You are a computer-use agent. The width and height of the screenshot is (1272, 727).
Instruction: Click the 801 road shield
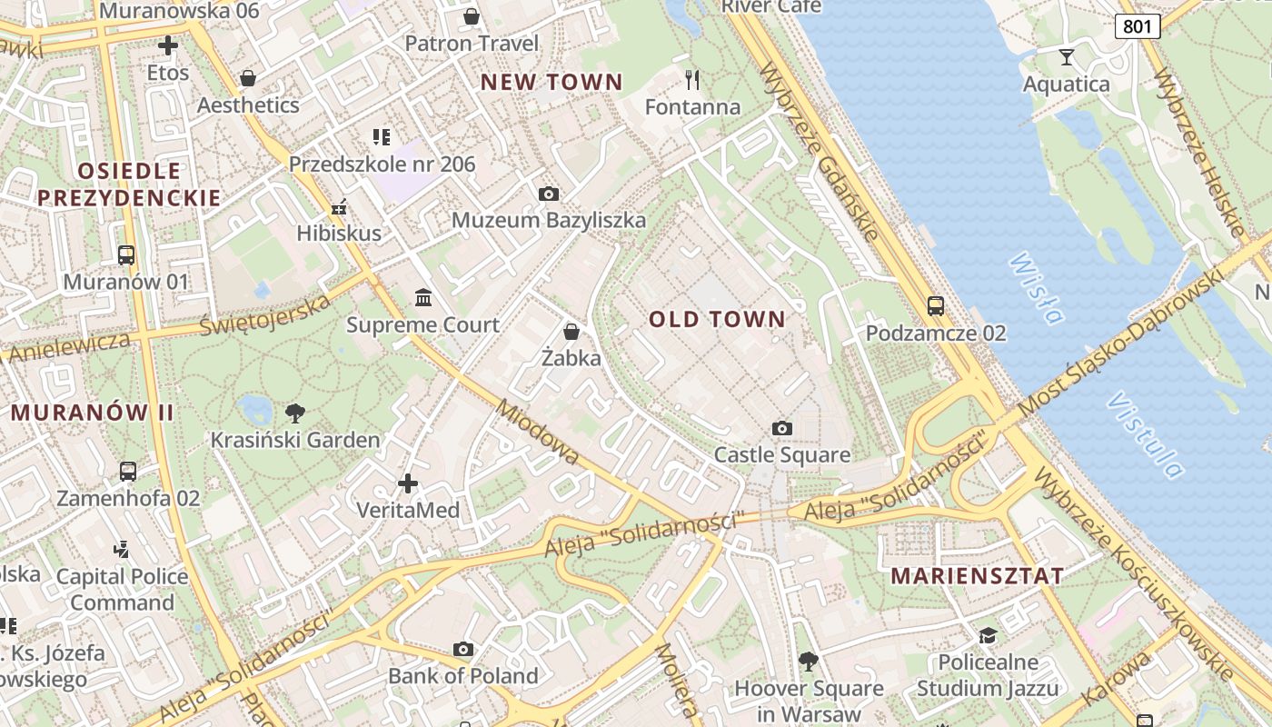pos(1138,26)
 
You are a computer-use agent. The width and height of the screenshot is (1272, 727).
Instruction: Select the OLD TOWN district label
pos(717,319)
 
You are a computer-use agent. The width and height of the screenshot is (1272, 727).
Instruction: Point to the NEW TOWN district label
pos(552,82)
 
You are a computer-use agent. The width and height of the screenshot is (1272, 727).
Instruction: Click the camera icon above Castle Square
pos(781,428)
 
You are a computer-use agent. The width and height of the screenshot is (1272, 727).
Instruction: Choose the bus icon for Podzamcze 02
pos(936,306)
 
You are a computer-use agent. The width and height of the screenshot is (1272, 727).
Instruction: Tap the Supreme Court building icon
pos(423,298)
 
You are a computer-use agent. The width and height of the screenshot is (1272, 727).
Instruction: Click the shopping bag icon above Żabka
pos(571,332)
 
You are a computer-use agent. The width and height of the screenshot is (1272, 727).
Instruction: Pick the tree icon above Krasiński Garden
pos(295,413)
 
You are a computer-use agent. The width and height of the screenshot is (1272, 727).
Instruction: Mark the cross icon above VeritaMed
pos(408,483)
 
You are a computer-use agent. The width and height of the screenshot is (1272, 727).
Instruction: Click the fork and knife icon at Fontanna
pos(692,80)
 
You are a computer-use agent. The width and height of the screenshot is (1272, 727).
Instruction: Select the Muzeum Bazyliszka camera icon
pos(549,194)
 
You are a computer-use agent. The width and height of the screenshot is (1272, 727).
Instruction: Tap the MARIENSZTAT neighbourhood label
pos(977,576)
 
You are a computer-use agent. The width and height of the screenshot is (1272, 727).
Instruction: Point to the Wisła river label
pos(1036,289)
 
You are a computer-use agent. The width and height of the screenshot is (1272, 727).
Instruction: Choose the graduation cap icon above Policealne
pos(988,635)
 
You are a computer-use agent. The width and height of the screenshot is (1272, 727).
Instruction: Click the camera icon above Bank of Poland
pos(463,649)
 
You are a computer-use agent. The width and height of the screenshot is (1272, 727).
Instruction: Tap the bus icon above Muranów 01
pos(126,255)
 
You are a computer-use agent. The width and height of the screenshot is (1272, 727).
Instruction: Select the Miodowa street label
pos(537,433)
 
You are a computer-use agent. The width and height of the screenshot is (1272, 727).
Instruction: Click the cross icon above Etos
pos(168,45)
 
